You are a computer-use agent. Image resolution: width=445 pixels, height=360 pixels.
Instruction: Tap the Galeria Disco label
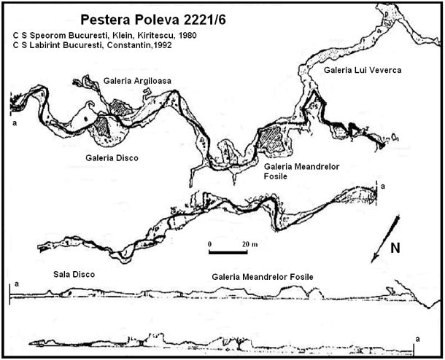pyautogui.click(x=112, y=157)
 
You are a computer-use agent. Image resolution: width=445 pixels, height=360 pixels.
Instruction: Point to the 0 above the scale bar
pyautogui.click(x=209, y=243)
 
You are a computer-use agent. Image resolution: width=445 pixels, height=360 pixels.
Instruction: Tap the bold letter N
pyautogui.click(x=395, y=249)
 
